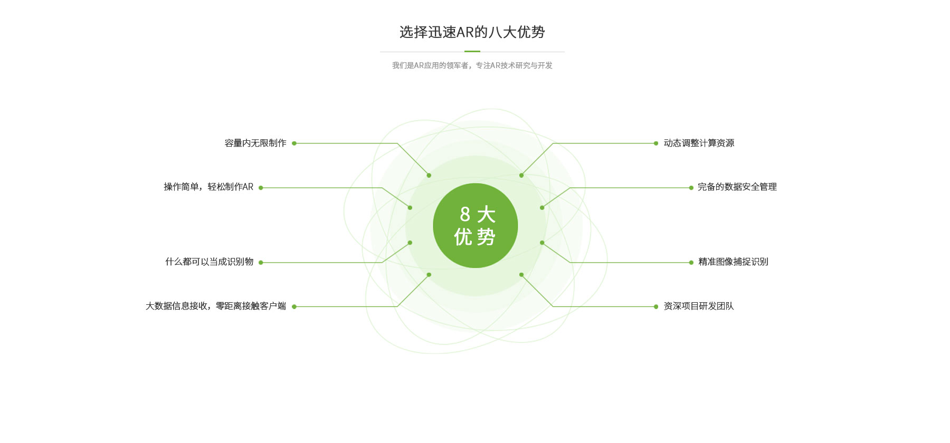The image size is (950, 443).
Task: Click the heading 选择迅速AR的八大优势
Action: (x=472, y=32)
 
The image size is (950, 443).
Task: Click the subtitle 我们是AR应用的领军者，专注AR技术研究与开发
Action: (x=472, y=65)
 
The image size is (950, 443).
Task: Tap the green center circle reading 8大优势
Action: (x=475, y=226)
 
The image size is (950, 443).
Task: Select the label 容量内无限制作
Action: (x=255, y=143)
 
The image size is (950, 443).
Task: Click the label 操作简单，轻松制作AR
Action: (x=208, y=187)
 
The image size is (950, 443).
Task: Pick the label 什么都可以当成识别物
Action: (x=210, y=262)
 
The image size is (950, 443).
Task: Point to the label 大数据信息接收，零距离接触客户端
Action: (x=216, y=306)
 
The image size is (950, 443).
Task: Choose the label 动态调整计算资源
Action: (x=699, y=143)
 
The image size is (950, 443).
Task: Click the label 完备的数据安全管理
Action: (x=737, y=187)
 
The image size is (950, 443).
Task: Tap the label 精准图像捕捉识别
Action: (x=733, y=262)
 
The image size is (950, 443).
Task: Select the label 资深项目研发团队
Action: (x=699, y=306)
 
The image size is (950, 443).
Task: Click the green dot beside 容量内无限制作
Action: (x=294, y=143)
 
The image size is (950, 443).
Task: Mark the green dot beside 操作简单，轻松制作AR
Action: (x=261, y=188)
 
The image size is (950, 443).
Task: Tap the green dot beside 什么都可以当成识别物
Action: (x=261, y=263)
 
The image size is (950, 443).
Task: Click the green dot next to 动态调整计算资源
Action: (x=656, y=143)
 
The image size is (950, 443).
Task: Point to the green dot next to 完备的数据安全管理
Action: (x=691, y=188)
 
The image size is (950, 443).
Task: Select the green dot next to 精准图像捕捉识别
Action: (x=691, y=263)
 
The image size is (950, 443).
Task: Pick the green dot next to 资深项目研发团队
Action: (x=656, y=307)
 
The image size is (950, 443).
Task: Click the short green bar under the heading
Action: (x=472, y=52)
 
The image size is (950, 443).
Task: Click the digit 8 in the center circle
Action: (x=465, y=214)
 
